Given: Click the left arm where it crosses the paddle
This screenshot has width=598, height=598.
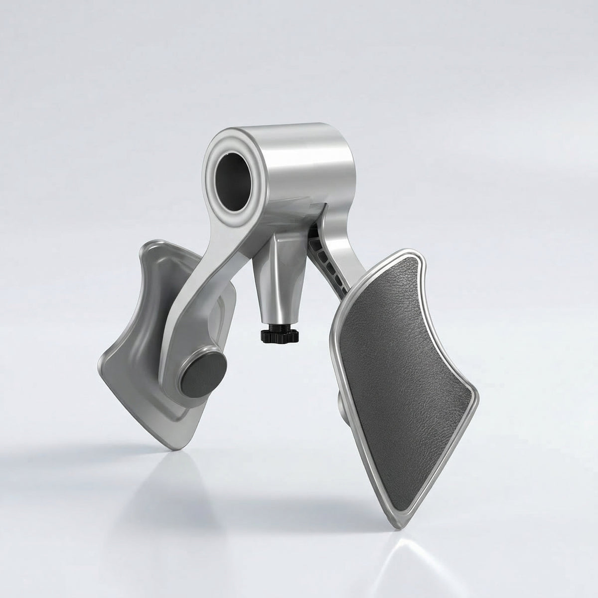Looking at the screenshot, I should [184, 309].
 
